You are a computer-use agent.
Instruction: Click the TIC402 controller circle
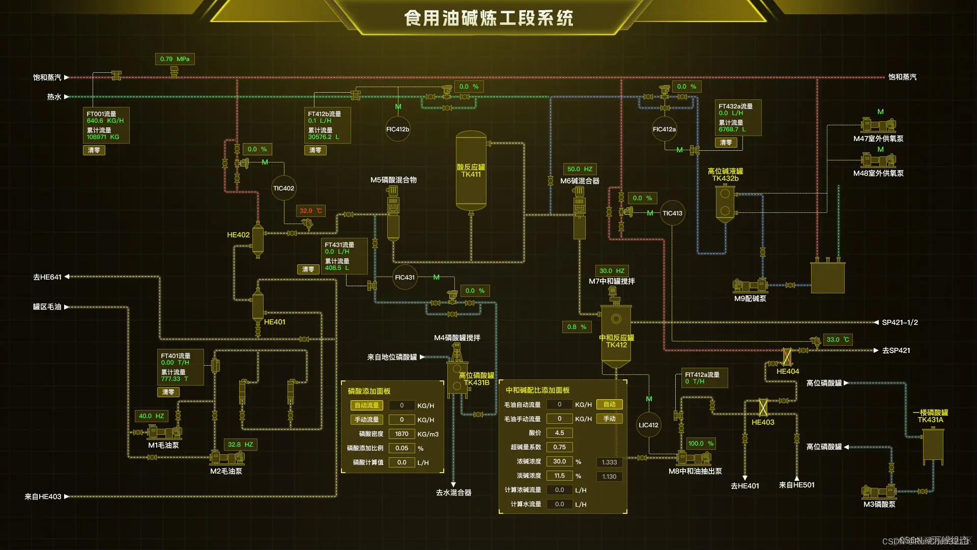(283, 188)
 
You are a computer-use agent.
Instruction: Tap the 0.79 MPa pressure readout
(175, 59)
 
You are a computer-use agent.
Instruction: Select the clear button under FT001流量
(94, 150)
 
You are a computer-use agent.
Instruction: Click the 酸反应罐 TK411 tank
(471, 171)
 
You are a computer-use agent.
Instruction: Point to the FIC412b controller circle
(397, 129)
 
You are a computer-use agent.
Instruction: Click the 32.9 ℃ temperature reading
(310, 211)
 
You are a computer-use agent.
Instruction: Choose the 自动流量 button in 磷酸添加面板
(366, 405)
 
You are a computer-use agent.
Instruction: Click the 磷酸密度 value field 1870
(401, 434)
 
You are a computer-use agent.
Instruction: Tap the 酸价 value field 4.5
(559, 433)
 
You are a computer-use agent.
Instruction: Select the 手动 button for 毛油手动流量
(609, 419)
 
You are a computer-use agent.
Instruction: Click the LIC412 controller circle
(648, 425)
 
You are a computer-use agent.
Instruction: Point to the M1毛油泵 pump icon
(164, 432)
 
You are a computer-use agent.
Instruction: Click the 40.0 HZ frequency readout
(151, 416)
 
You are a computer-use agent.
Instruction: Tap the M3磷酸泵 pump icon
(879, 491)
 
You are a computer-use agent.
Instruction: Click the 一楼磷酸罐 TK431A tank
(933, 446)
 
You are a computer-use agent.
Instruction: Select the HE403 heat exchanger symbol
(763, 407)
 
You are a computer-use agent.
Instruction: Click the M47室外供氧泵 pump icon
(878, 125)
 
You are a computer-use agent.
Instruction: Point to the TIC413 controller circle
(672, 213)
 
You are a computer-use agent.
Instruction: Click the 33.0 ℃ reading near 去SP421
(838, 340)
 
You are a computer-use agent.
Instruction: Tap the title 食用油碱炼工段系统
(489, 18)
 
